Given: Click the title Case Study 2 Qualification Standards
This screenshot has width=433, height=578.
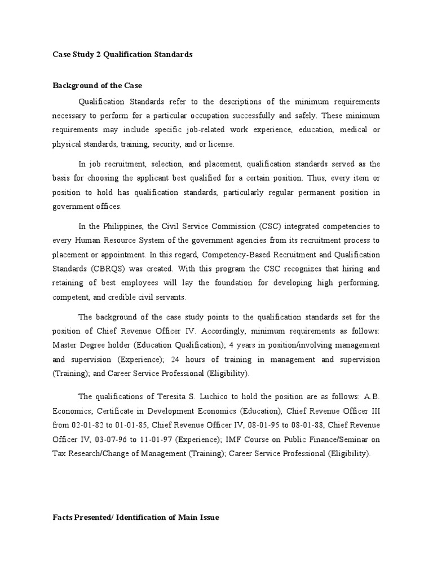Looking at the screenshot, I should (x=122, y=55).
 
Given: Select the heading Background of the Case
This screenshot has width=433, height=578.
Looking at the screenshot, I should (x=98, y=86).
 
